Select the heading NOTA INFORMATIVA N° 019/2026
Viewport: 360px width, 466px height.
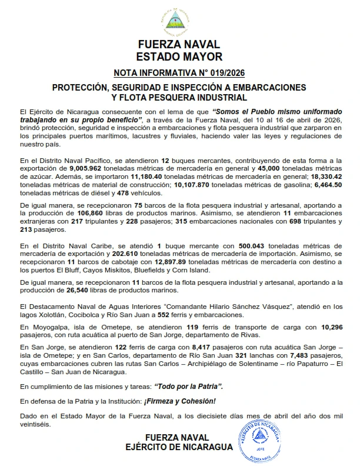pyautogui.click(x=179, y=73)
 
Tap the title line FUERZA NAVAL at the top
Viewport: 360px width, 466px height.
pyautogui.click(x=179, y=45)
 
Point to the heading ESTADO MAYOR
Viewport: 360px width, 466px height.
pyautogui.click(x=179, y=57)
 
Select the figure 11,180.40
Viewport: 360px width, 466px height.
pyautogui.click(x=151, y=176)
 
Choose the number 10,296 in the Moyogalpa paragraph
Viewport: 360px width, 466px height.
pyautogui.click(x=325, y=326)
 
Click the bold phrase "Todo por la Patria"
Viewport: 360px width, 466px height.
pyautogui.click(x=189, y=386)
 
